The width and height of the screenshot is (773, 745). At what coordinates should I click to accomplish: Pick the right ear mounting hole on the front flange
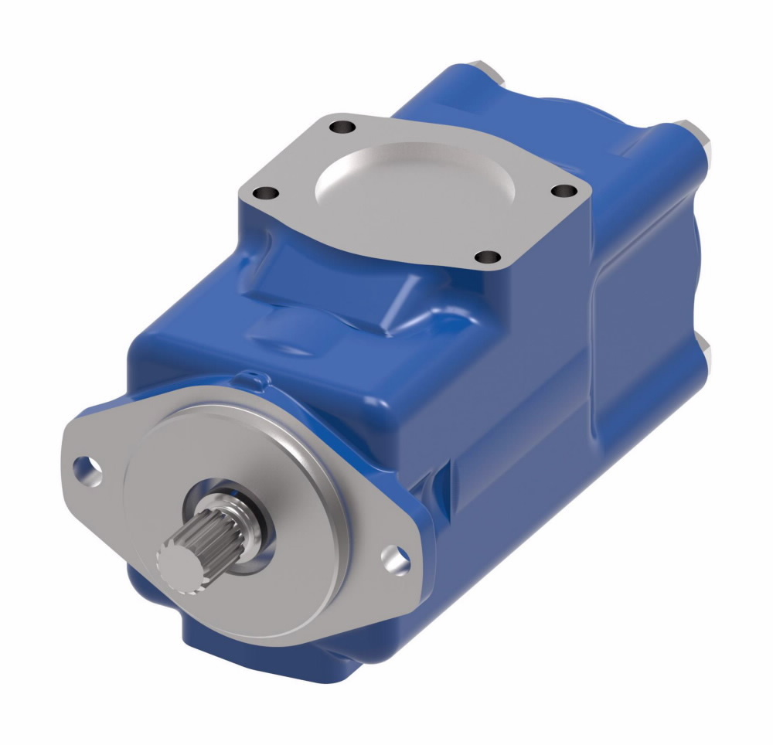(396, 559)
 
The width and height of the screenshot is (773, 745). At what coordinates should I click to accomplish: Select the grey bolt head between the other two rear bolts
(702, 139)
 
